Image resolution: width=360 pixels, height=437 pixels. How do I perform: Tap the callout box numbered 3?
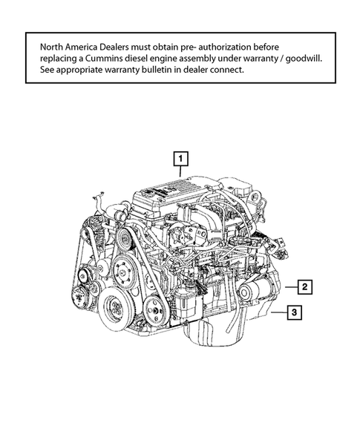point(295,313)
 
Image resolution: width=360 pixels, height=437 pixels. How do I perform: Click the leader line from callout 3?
point(278,313)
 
